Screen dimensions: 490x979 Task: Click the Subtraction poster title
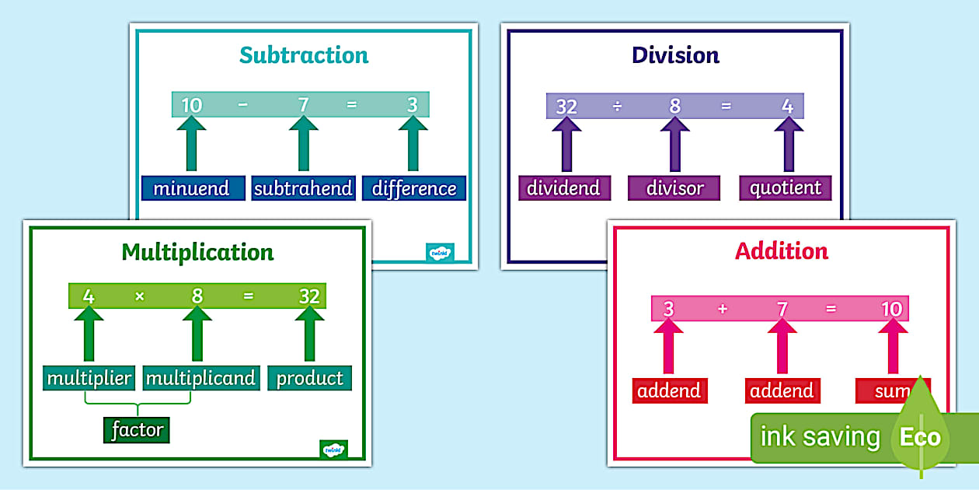(x=304, y=55)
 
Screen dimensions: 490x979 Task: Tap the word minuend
(x=191, y=188)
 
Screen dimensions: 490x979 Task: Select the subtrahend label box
(x=303, y=188)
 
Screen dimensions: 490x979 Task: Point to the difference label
(x=414, y=188)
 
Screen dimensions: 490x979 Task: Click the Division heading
(x=675, y=55)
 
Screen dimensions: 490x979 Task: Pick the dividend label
(x=564, y=187)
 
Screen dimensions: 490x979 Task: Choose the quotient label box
(x=786, y=187)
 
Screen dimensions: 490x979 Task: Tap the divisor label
(x=674, y=187)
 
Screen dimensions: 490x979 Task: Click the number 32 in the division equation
(x=566, y=107)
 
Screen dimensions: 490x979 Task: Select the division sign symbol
(x=618, y=107)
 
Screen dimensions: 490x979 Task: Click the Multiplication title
(x=197, y=253)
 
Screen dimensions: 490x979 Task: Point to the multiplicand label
(x=200, y=378)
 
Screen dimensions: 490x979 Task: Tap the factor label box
(x=137, y=429)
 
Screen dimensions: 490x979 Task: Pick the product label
(x=309, y=378)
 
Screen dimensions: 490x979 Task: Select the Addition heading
(x=782, y=251)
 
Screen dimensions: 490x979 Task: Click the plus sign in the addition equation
(x=723, y=309)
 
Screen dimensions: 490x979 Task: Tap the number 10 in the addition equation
(x=891, y=309)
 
